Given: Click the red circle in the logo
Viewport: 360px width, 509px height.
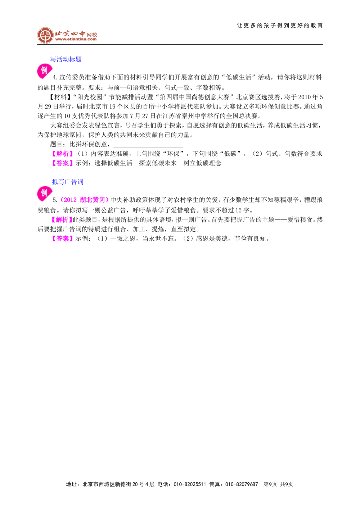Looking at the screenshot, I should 45,35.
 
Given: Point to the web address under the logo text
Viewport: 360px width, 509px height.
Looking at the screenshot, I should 76,40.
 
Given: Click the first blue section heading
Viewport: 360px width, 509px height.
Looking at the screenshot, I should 66,59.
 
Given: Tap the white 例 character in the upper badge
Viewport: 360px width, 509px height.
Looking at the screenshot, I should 44,70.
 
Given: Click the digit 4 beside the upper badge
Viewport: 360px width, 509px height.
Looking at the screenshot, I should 54,77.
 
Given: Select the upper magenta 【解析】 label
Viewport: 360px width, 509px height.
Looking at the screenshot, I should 63,154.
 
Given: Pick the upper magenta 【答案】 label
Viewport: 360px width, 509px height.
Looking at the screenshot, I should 63,163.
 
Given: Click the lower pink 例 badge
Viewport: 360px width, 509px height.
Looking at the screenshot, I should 44,194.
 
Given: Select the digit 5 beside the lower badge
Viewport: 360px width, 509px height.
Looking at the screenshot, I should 54,200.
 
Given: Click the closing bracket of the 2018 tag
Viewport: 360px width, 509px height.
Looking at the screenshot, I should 107,200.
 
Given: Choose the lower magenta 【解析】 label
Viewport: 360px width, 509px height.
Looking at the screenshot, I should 62,220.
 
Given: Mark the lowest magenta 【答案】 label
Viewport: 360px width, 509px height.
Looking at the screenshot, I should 63,238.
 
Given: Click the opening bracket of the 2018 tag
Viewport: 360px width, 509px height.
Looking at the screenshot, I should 62,200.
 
